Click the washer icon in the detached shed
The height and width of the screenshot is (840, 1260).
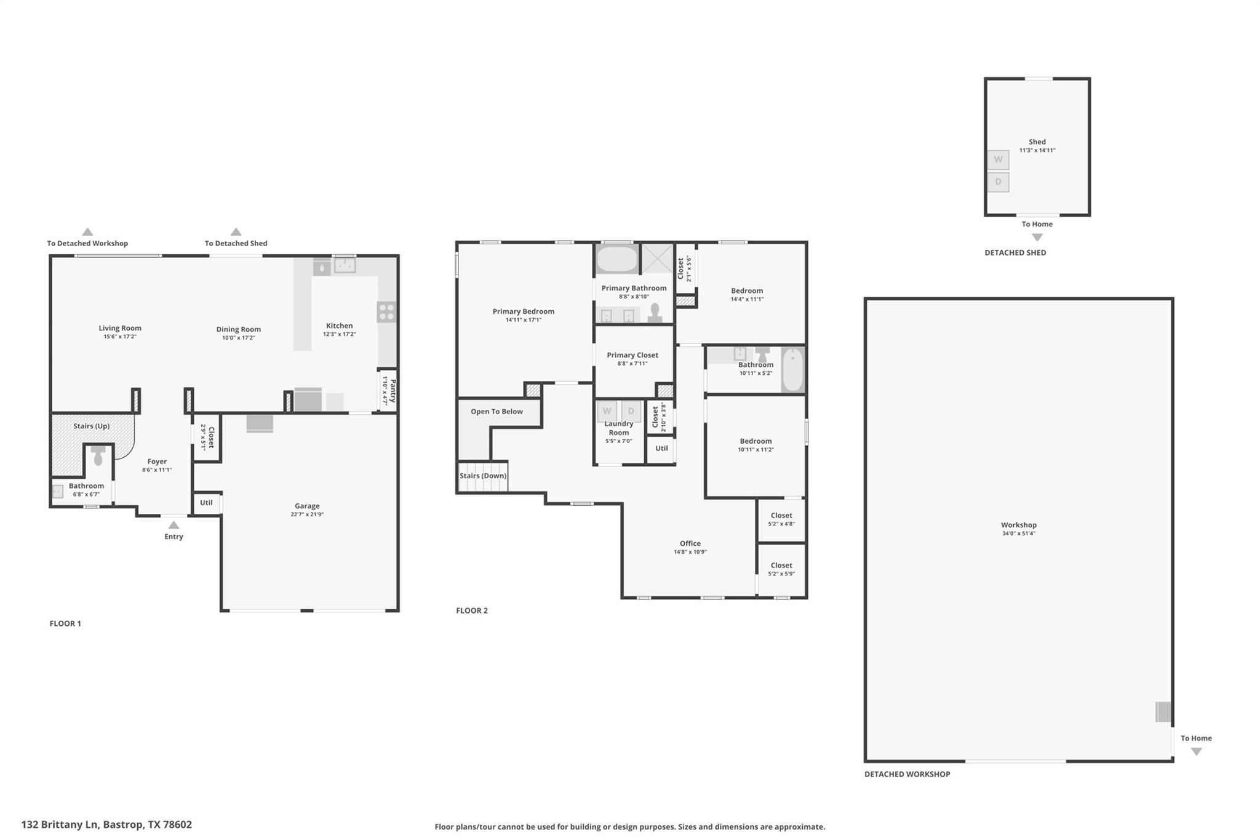coord(998,160)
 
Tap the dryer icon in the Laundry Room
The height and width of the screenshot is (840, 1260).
coord(631,411)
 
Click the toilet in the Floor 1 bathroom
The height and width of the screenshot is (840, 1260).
coord(98,456)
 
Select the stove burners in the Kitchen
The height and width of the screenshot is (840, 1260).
coord(386,312)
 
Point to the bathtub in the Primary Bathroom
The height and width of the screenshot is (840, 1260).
coord(617,260)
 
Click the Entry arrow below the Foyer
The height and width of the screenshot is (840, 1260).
coord(174,525)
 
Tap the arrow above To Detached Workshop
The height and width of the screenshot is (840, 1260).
coord(87,232)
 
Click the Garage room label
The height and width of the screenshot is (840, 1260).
coord(307,506)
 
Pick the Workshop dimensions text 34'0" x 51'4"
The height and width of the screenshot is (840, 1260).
coord(1019,534)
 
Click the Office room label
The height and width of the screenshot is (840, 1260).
coord(690,543)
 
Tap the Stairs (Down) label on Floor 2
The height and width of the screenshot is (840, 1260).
coord(483,476)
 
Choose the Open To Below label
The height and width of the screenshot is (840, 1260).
coord(496,412)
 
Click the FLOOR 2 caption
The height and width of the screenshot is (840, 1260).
coord(472,610)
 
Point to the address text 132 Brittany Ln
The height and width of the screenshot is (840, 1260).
coord(60,825)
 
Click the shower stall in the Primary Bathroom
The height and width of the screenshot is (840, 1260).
coord(658,258)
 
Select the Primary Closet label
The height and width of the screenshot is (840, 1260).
coord(632,355)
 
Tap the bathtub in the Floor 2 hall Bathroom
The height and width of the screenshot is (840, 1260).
coord(792,369)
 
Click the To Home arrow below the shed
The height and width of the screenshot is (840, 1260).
coord(1037,238)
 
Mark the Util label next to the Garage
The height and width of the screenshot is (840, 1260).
coord(206,503)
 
